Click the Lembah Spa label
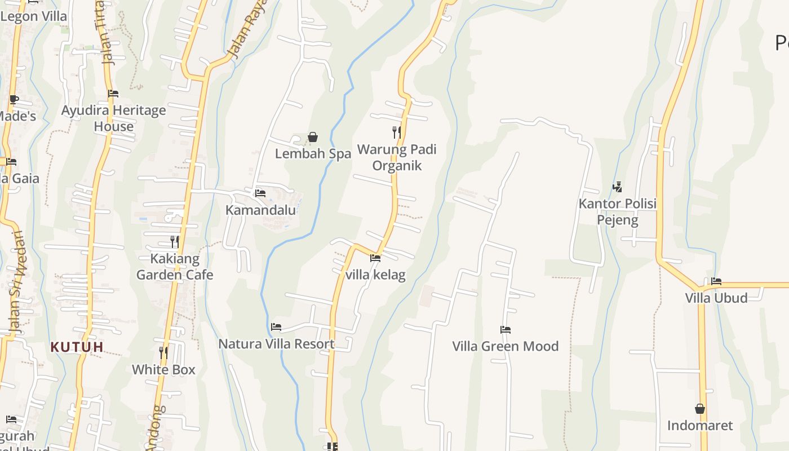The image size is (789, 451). (313, 153)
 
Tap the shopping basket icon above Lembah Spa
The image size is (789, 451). (313, 137)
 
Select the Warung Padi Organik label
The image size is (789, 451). (397, 157)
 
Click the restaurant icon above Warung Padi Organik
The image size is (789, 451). (397, 132)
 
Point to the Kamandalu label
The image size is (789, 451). (260, 210)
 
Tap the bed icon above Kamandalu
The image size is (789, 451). (260, 193)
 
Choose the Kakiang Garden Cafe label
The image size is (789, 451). (175, 267)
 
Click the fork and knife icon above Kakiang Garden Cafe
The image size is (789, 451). (175, 242)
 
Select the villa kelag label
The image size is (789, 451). (375, 275)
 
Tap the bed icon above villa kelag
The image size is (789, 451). (375, 258)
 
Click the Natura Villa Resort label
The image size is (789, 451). (276, 344)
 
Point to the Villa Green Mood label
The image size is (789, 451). (506, 346)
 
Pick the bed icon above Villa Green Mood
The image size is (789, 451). (506, 330)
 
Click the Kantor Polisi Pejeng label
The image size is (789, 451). (618, 211)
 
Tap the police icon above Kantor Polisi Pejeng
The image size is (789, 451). (618, 187)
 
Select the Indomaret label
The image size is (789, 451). (700, 425)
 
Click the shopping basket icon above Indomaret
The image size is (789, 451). (700, 409)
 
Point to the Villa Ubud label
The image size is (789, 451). (716, 298)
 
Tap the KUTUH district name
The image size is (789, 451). (77, 347)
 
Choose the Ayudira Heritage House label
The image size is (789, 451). (113, 118)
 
